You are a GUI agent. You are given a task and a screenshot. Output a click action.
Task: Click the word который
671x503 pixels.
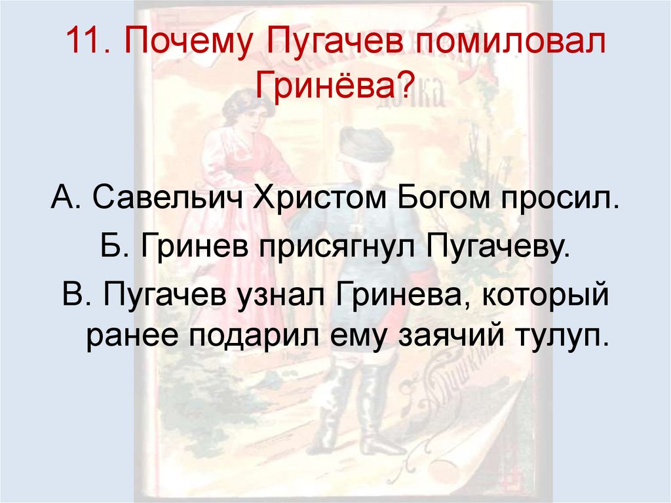(545, 297)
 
